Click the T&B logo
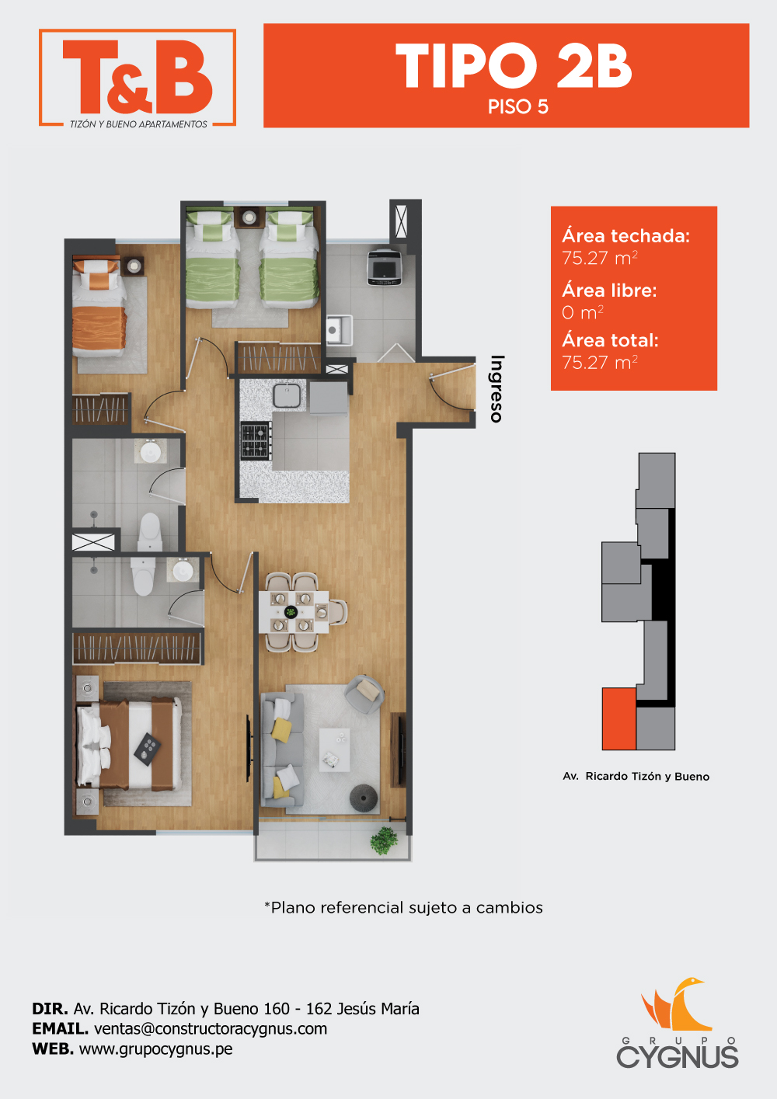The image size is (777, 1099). coord(138,78)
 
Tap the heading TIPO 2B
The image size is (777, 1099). coord(514,66)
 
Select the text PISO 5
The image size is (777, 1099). coord(517,106)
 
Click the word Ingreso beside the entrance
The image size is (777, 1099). coord(497,388)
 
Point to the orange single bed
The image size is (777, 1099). coord(99,307)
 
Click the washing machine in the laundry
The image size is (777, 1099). coord(385,267)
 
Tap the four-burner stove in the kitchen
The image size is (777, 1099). coord(256,440)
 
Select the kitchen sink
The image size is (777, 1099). coord(287,395)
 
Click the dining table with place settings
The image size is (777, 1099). coord(294,612)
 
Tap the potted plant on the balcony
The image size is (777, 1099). coord(384,840)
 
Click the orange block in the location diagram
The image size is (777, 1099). coord(619,718)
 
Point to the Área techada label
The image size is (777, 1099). coord(625,236)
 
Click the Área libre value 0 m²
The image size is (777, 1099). coord(583,312)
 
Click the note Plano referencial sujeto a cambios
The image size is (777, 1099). coord(403,908)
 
